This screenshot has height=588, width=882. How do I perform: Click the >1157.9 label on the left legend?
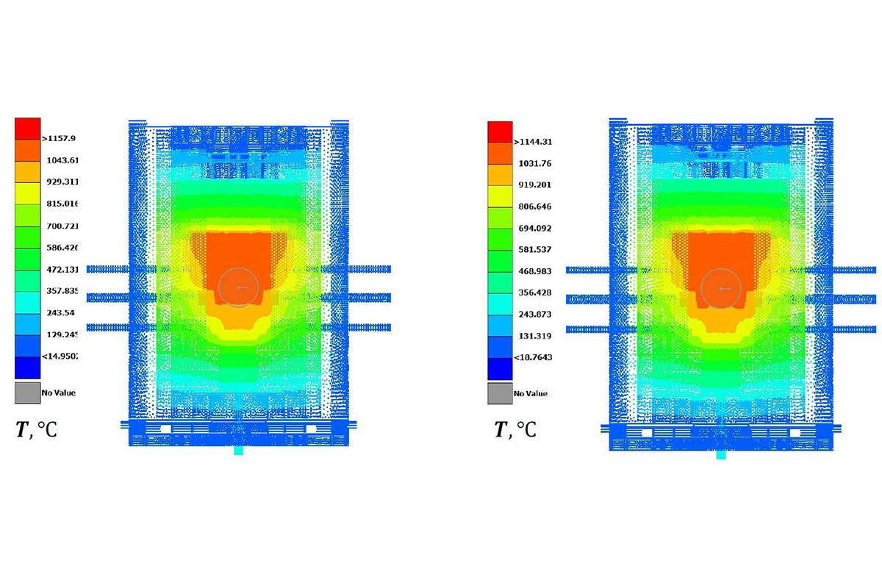[x=65, y=138]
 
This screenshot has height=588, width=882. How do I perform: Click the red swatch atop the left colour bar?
[x=28, y=128]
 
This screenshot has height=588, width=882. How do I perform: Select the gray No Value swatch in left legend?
[x=27, y=392]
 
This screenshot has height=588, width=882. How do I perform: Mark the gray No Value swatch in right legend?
[x=500, y=393]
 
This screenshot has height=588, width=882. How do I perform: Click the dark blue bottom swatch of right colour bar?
[x=500, y=368]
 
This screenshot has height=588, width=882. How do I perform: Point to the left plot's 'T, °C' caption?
[x=36, y=430]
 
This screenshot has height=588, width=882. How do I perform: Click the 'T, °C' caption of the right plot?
[x=515, y=430]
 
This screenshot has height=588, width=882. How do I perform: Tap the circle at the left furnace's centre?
[x=238, y=286]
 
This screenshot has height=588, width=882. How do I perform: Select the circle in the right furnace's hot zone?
[x=720, y=288]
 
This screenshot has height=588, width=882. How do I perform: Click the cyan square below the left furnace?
[x=238, y=451]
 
